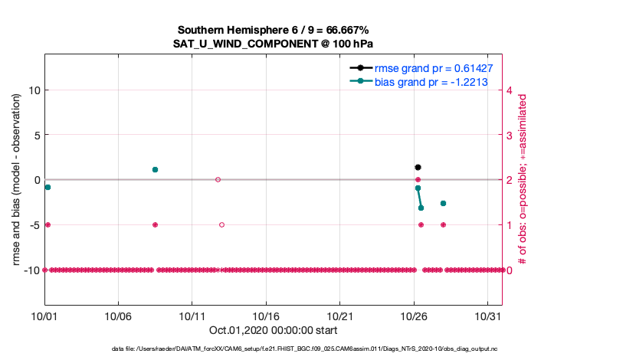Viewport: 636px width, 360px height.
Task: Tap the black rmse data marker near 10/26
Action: point(418,167)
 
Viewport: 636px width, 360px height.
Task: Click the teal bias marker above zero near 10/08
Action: point(155,169)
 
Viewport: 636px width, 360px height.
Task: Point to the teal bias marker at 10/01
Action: point(48,187)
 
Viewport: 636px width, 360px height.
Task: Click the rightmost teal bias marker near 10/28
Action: point(443,203)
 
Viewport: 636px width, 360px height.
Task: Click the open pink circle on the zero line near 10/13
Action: point(218,179)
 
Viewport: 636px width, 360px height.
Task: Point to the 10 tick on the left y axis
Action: point(33,90)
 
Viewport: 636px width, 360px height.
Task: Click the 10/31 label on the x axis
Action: point(487,316)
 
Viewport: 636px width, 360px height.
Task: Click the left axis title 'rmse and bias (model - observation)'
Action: point(16,179)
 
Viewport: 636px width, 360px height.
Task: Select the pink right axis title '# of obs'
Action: point(523,179)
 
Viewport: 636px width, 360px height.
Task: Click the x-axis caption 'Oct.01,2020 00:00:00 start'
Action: point(273,330)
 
